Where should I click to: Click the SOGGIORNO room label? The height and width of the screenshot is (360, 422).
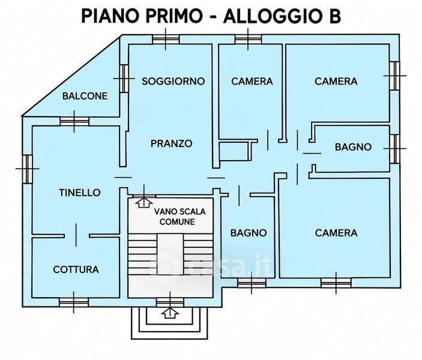pyautogui.click(x=173, y=81)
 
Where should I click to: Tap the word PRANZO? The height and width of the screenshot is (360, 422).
pyautogui.click(x=172, y=143)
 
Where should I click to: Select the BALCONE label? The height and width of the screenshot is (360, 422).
pyautogui.click(x=85, y=96)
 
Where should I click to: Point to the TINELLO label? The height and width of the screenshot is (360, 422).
pyautogui.click(x=80, y=193)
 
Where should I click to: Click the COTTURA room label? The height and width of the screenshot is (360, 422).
pyautogui.click(x=76, y=269)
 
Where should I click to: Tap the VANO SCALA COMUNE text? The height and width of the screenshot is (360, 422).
pyautogui.click(x=179, y=217)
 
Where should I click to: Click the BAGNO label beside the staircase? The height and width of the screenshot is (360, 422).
pyautogui.click(x=249, y=233)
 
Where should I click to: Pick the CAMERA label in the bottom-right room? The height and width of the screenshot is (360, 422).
pyautogui.click(x=336, y=233)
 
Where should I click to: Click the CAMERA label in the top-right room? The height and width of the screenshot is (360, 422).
pyautogui.click(x=336, y=81)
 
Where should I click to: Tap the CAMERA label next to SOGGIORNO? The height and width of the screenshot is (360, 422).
pyautogui.click(x=252, y=81)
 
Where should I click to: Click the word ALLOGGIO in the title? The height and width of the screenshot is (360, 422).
pyautogui.click(x=270, y=16)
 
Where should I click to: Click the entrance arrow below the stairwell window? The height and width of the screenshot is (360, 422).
pyautogui.click(x=170, y=313)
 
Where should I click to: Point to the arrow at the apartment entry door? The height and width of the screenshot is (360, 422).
pyautogui.click(x=143, y=202)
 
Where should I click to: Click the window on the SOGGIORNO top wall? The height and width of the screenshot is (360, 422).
pyautogui.click(x=166, y=39)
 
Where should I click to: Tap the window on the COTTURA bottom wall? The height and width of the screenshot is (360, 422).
pyautogui.click(x=74, y=302)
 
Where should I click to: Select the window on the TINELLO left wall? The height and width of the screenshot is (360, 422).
pyautogui.click(x=27, y=169)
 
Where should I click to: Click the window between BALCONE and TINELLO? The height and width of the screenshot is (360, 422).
pyautogui.click(x=74, y=121)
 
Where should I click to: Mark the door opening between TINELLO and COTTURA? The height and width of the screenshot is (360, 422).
pyautogui.click(x=76, y=235)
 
